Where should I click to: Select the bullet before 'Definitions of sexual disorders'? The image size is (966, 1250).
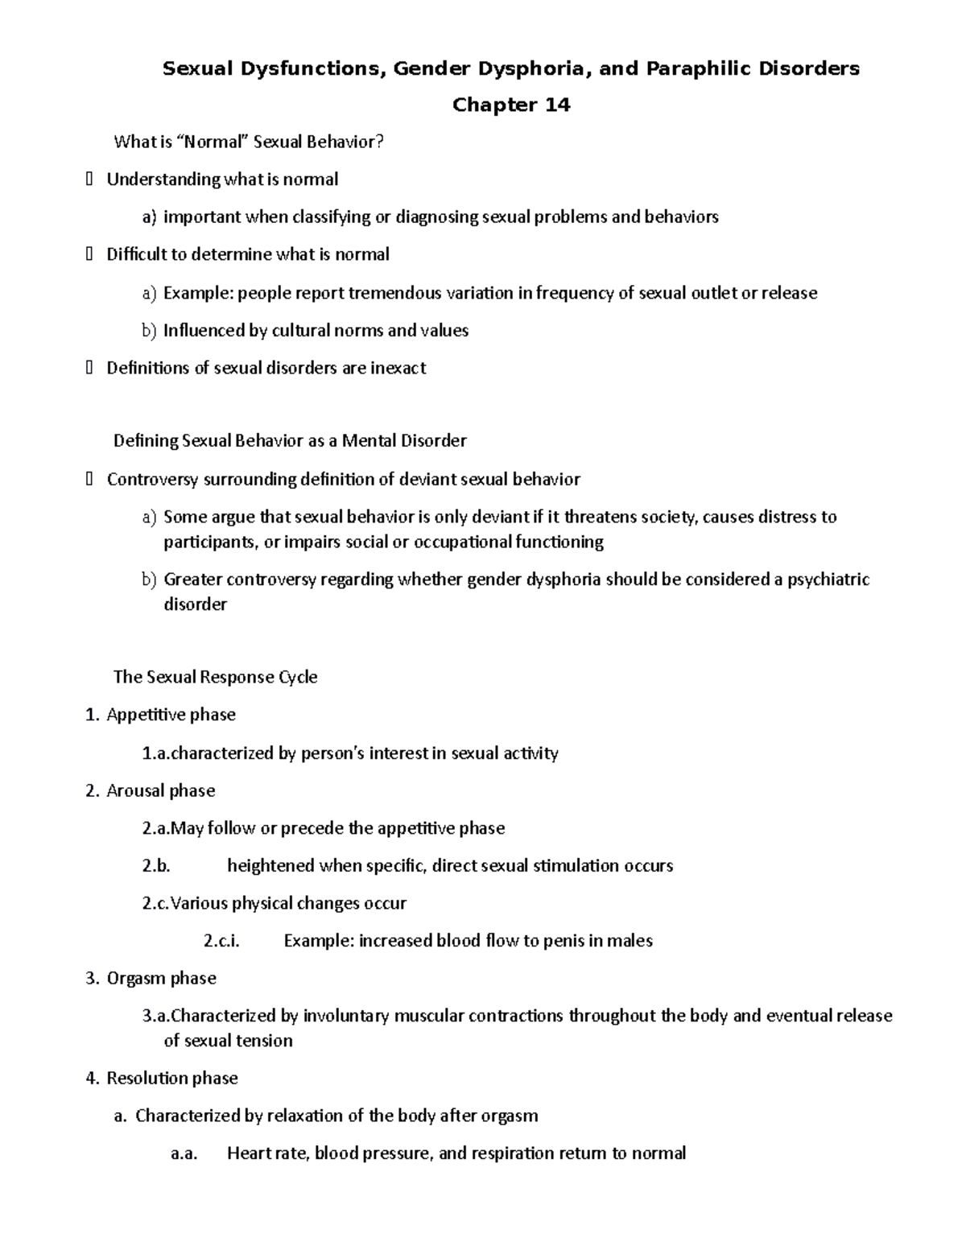pyautogui.click(x=89, y=369)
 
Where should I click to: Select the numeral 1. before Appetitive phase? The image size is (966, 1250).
pyautogui.click(x=92, y=715)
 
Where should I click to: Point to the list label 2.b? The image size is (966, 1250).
pyautogui.click(x=156, y=866)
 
